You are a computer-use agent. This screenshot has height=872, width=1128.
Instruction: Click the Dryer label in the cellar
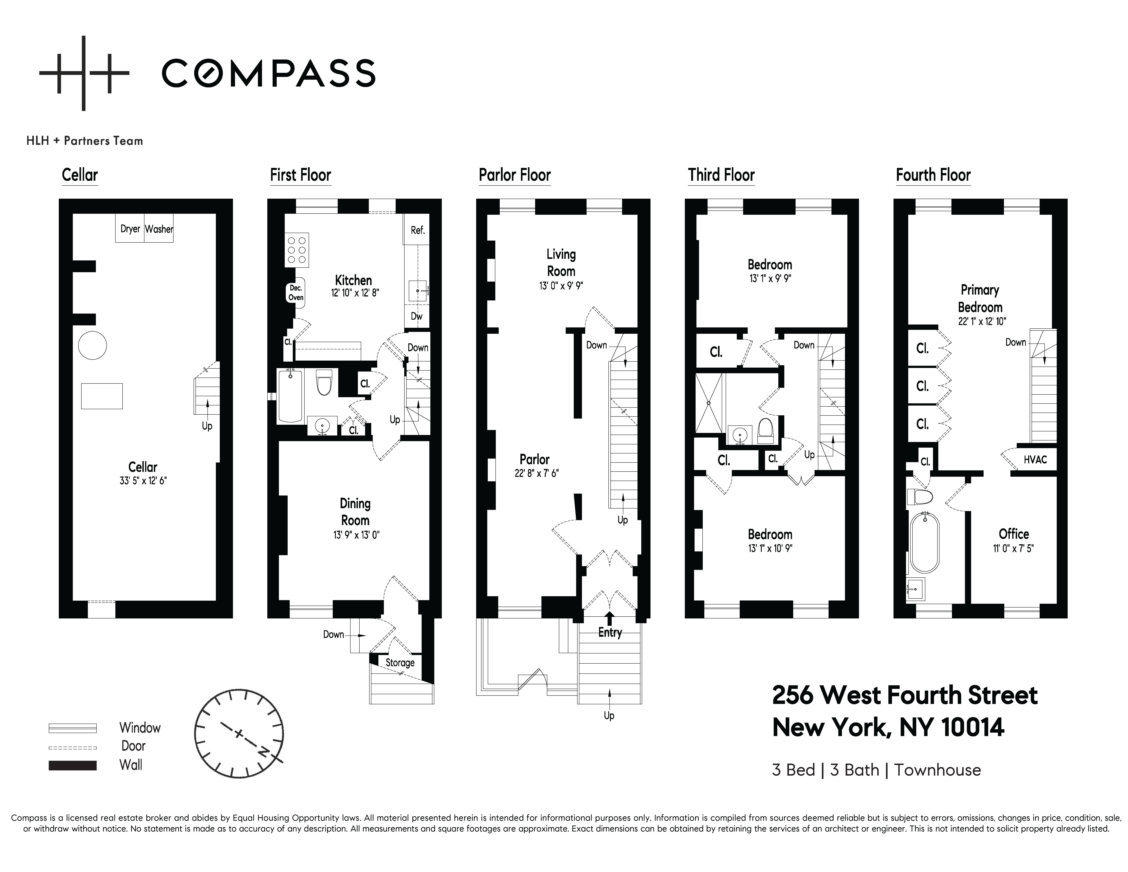130,229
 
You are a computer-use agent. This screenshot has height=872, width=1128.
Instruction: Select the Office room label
1014,534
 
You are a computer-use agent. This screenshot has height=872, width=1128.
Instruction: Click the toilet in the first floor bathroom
323,382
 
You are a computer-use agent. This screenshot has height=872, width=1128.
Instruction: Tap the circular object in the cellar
92,345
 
